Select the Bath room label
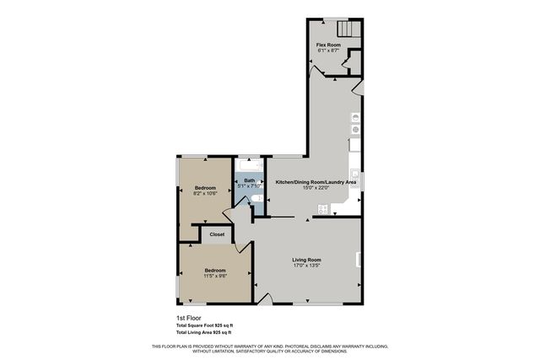[250, 180]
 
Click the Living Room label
[306, 260]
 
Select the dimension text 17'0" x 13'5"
[306, 266]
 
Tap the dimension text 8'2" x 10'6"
[205, 193]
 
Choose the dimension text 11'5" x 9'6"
[214, 275]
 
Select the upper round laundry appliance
[355, 117]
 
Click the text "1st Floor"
[186, 317]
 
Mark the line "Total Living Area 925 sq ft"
[204, 332]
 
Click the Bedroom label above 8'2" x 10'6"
[205, 187]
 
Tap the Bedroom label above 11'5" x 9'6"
[214, 269]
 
